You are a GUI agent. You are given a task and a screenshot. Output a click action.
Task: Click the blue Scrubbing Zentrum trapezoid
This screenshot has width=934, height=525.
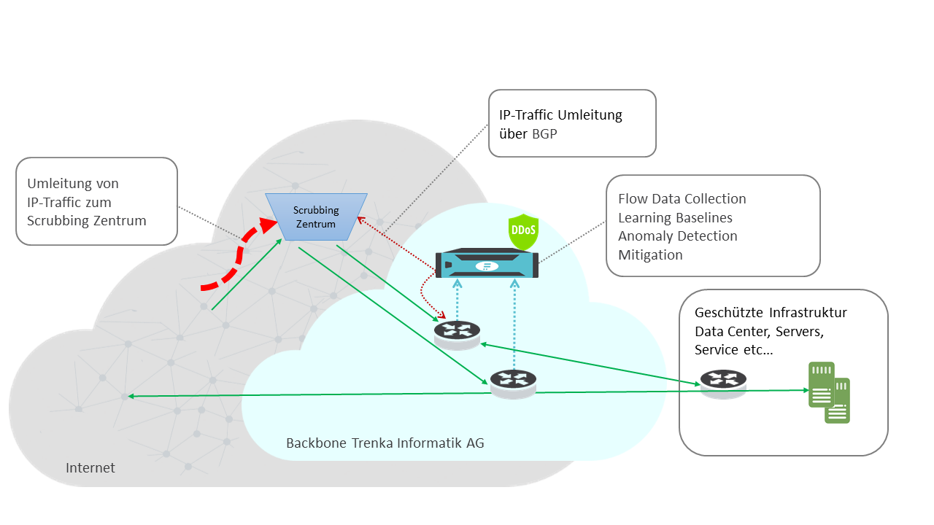[316, 217]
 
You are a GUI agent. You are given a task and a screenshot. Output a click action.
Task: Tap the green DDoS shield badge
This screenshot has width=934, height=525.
[522, 232]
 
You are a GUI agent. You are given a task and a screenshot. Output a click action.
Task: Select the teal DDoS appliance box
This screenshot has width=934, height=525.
[487, 264]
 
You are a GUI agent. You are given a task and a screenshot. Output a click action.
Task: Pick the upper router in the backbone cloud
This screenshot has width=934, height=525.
[457, 333]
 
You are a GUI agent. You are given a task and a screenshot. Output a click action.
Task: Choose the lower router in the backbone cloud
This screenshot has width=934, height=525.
[513, 381]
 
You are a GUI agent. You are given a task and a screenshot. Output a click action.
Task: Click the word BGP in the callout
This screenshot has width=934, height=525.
[544, 134]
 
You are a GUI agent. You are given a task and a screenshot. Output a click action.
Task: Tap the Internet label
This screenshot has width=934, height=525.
[90, 468]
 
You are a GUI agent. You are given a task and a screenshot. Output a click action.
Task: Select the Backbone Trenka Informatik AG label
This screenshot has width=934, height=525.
[385, 443]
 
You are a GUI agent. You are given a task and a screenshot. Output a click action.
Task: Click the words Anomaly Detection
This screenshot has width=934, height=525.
[677, 236]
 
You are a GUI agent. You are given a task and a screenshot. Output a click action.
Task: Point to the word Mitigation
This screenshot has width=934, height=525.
[650, 255]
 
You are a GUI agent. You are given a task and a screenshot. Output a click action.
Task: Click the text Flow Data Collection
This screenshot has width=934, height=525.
[682, 199]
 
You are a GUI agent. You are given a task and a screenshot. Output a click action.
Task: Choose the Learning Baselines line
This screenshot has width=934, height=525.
[675, 217]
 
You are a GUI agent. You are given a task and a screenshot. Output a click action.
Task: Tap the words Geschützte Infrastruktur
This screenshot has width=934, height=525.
[771, 313]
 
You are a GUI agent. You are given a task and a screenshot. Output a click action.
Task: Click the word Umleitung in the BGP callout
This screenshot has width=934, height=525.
[590, 115]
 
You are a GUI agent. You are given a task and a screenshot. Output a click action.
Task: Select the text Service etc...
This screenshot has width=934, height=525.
[734, 350]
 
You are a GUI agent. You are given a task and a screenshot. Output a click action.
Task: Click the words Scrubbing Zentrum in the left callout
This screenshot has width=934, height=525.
[87, 221]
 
